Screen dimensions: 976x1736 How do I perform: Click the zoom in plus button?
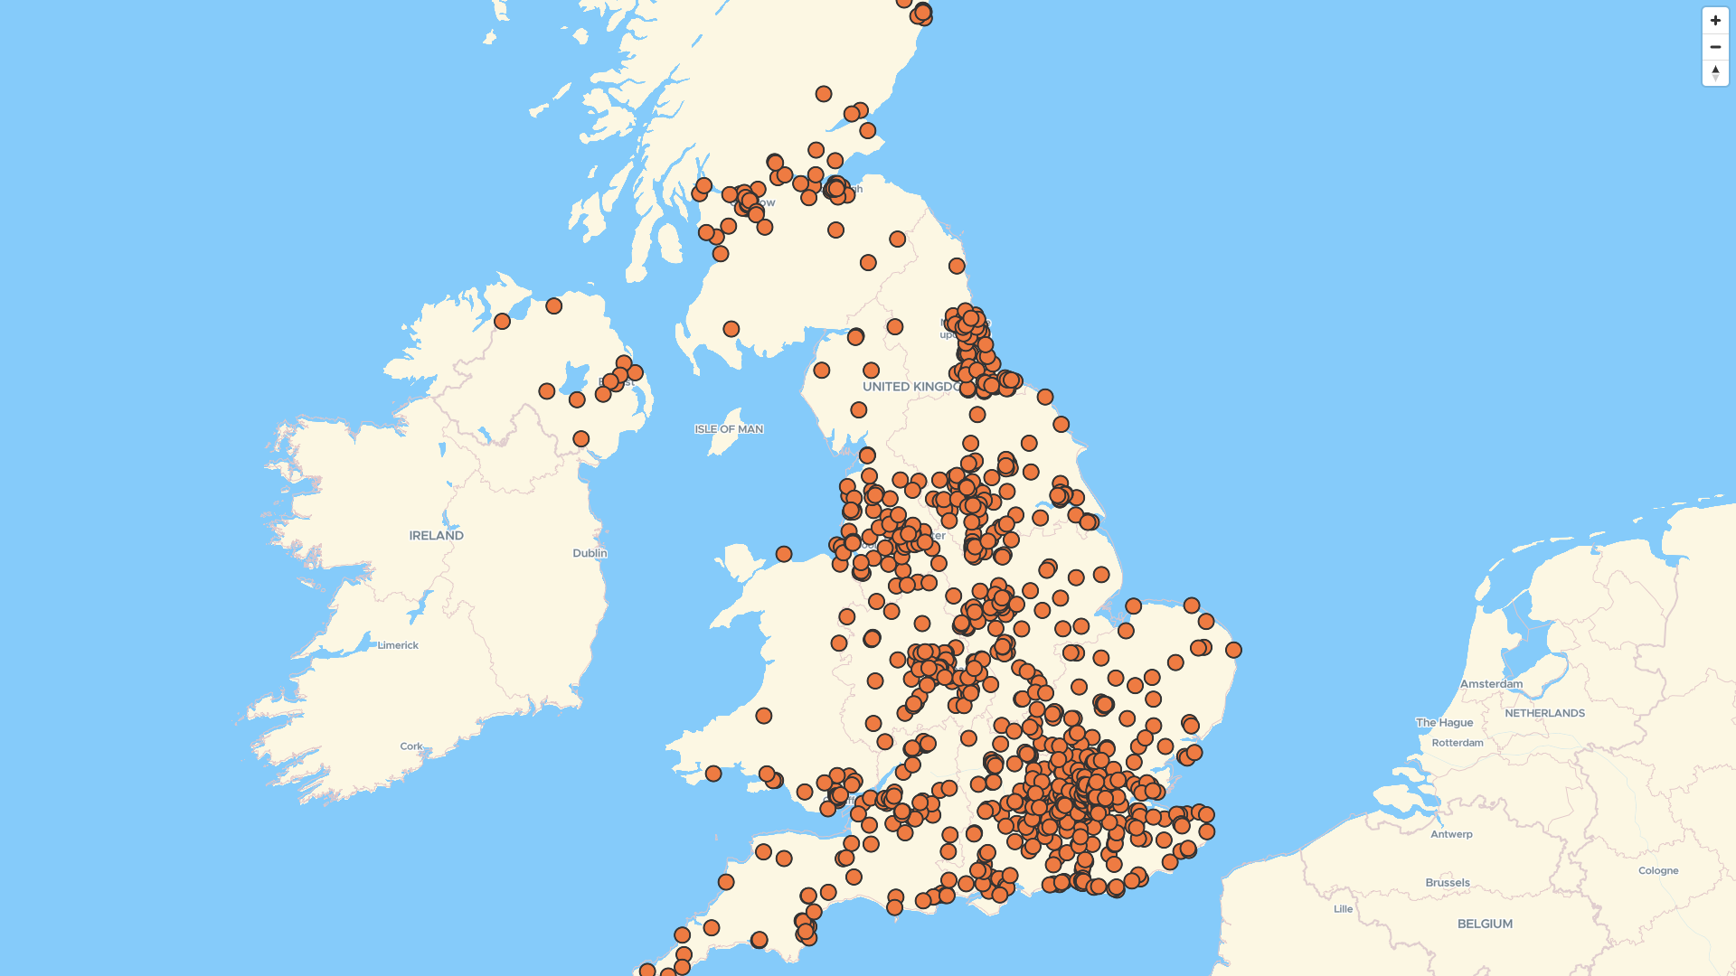[1715, 21]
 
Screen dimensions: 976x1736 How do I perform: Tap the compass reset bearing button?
[1715, 72]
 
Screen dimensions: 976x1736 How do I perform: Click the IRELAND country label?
[436, 536]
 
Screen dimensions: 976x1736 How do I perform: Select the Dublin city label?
[590, 553]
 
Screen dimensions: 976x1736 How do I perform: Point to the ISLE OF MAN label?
[729, 429]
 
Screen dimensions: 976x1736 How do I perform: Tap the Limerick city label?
[398, 645]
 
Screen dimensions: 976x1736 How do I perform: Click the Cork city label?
[411, 746]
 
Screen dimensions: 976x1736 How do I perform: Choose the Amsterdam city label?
[1491, 684]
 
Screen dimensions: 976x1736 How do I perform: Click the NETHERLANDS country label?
[1544, 713]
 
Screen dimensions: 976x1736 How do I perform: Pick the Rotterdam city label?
[1458, 743]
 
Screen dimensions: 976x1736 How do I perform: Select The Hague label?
[1444, 722]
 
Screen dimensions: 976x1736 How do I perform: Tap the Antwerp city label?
[1451, 834]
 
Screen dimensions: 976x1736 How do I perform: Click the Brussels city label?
[1448, 883]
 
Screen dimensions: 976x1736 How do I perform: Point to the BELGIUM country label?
[1485, 924]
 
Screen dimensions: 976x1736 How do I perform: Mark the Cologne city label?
[1658, 871]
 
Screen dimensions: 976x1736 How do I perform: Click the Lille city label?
[1343, 909]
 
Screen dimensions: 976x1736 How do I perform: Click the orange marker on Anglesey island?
[784, 554]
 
